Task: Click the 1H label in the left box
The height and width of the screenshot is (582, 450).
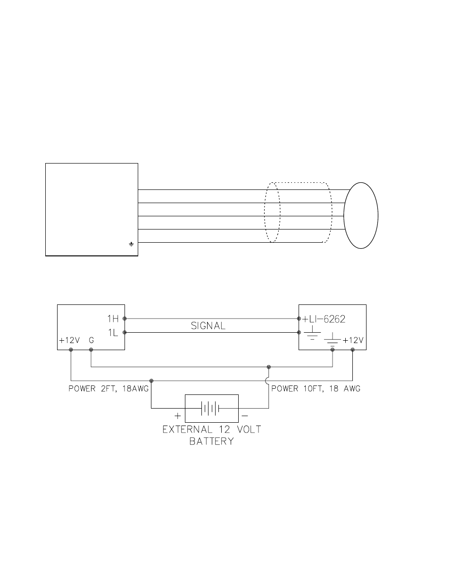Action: [113, 319]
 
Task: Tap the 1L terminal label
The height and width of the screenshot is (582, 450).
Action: [113, 333]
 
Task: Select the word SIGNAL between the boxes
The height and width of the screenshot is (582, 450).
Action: [208, 325]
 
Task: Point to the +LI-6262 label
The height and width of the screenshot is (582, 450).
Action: [325, 319]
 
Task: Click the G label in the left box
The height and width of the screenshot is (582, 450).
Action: [92, 340]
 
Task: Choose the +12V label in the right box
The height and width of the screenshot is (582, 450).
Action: [353, 340]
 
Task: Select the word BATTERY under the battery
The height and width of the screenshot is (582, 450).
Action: [212, 442]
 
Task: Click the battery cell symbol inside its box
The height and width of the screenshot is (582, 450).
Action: [211, 408]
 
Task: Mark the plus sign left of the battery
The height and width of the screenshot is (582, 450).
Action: [178, 416]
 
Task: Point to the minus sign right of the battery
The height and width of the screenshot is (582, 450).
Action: [245, 416]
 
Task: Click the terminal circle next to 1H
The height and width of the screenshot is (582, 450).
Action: [125, 319]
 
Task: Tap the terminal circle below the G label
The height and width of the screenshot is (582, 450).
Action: [91, 350]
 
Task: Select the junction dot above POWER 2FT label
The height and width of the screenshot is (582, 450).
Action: [151, 380]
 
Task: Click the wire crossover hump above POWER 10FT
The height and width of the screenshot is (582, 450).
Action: [268, 380]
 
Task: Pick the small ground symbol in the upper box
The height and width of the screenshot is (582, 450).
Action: [131, 244]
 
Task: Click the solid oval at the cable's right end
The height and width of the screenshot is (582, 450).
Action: [361, 215]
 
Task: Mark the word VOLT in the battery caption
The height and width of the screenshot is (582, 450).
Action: [243, 430]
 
